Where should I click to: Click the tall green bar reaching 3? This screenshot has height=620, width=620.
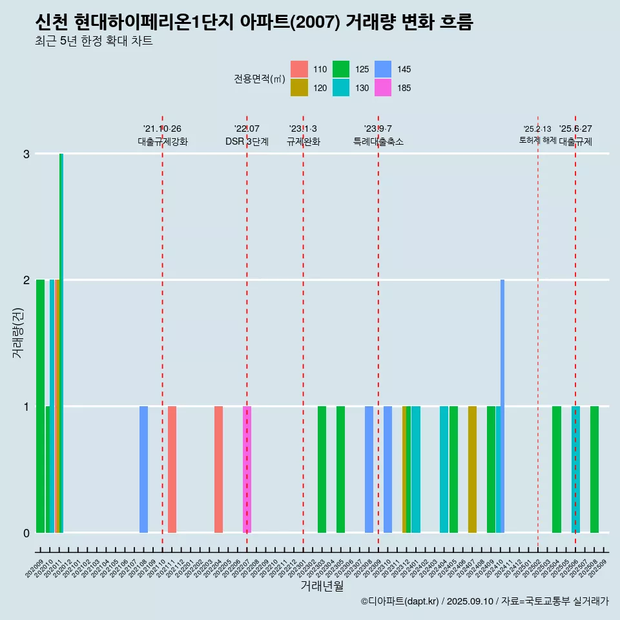click(61, 342)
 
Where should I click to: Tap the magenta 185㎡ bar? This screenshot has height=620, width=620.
click(247, 469)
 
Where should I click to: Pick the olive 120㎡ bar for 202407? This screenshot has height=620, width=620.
click(472, 469)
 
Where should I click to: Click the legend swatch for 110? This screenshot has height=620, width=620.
click(299, 69)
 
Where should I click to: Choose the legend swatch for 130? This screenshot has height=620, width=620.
click(341, 88)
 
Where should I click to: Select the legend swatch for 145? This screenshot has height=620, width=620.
click(383, 69)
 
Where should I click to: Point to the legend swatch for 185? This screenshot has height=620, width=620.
click(383, 88)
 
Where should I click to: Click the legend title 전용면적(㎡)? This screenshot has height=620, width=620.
click(260, 79)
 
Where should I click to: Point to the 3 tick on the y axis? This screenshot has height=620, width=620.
click(26, 154)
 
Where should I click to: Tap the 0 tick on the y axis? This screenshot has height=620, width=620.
click(26, 533)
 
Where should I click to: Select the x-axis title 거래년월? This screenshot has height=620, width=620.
click(322, 586)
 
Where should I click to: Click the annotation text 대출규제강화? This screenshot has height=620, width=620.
click(163, 141)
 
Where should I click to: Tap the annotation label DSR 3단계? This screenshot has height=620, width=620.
click(247, 141)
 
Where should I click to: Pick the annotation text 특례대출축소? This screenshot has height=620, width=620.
click(378, 141)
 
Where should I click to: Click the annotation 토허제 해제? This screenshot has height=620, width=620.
click(537, 140)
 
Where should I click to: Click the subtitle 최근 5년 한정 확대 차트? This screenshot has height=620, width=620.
click(94, 42)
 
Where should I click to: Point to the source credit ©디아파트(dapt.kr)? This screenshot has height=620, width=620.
click(400, 601)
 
